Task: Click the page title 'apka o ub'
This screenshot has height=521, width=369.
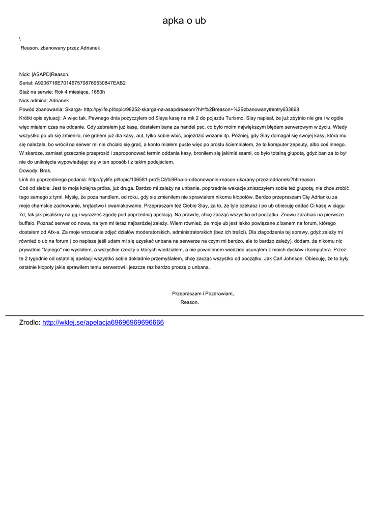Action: pos(184,21)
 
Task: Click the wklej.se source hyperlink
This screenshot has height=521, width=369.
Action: pos(103,323)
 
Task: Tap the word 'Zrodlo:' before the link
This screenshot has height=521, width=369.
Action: pos(30,323)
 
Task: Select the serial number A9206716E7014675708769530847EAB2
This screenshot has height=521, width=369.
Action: pos(80,83)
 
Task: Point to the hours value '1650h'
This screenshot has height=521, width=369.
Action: pos(98,92)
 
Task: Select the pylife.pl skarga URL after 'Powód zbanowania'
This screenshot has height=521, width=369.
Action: pos(191,109)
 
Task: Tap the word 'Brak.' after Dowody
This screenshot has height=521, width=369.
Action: pos(46,171)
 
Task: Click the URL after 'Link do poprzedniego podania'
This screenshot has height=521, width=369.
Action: pos(202,180)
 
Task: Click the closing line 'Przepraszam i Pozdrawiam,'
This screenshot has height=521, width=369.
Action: pos(203,294)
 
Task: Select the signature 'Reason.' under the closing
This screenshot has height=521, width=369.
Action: pos(190,302)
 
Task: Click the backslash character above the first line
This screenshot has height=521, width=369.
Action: pos(20,39)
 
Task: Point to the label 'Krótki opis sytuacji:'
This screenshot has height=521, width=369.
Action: pos(40,118)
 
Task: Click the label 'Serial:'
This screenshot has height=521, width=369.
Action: pos(26,83)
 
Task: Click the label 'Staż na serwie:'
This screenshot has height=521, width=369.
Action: pos(36,92)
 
